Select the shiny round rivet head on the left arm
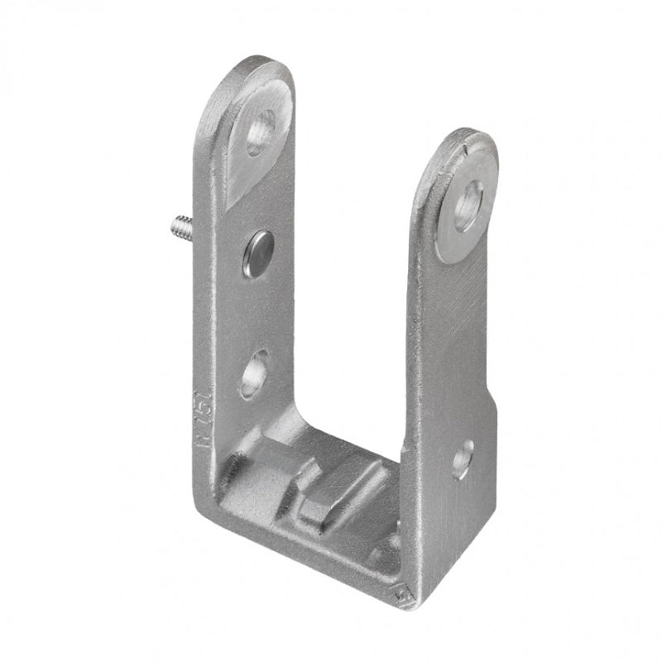pos(259,252)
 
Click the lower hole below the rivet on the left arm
pos(255,372)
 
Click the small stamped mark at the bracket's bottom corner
pos(405,594)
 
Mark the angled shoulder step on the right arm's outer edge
pos(495,396)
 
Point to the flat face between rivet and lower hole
pos(258,310)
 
